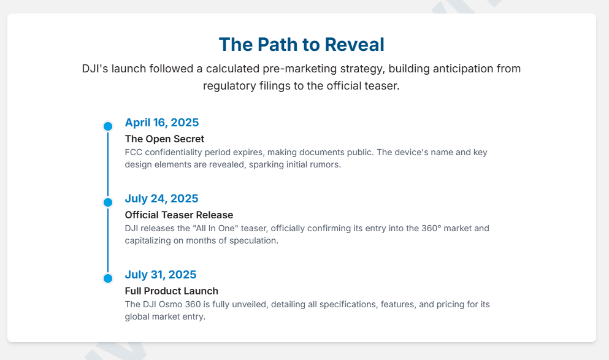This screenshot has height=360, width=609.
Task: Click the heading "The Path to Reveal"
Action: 301,44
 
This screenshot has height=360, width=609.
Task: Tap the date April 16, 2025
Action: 161,123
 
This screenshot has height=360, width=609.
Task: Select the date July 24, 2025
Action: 161,199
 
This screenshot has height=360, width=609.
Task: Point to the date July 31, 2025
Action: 161,275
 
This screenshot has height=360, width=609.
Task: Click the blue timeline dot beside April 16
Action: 108,126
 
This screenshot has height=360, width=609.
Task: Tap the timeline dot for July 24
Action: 108,202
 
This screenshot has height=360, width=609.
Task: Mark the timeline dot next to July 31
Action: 108,278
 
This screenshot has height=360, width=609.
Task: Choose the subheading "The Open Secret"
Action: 164,139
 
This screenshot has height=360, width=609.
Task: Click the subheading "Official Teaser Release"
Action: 179,215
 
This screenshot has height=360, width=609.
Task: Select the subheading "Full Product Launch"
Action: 171,291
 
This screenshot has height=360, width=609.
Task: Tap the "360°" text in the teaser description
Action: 432,228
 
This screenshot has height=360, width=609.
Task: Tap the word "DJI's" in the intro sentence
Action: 95,69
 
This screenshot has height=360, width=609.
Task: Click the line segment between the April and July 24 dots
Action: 108,164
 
